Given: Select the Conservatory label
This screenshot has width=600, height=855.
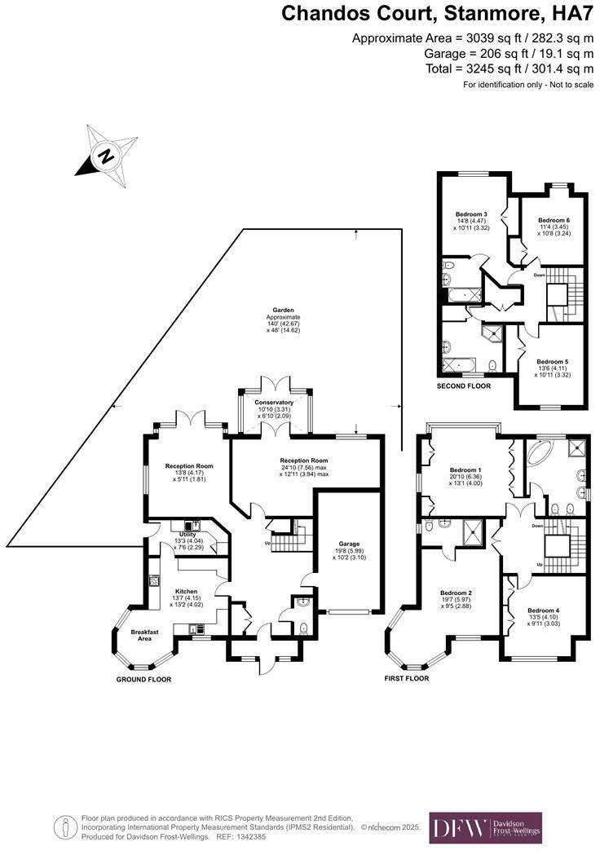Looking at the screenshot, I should click(x=274, y=403).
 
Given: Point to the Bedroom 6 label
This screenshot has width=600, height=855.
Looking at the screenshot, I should click(x=554, y=221).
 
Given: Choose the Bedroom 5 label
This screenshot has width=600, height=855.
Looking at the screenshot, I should click(x=552, y=361).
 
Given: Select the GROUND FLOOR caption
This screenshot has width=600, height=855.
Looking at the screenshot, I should click(x=143, y=679).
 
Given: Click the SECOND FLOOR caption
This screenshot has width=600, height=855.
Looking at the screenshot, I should click(x=464, y=386).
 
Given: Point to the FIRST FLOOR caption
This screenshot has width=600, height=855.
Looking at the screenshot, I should click(x=407, y=678).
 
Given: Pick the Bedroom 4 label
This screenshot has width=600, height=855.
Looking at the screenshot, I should click(x=544, y=610).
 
